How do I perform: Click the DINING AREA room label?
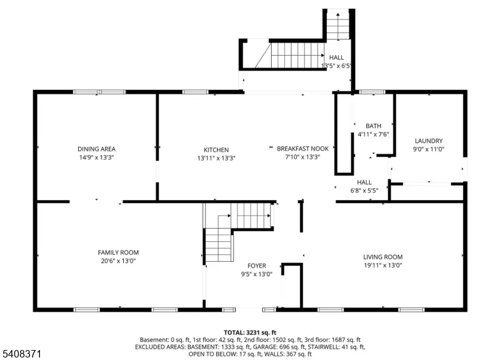tap(96, 149)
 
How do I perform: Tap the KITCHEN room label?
tap(216, 150)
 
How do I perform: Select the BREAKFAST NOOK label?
tap(302, 149)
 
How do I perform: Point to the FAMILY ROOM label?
tap(118, 252)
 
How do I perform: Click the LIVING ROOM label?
tap(383, 257)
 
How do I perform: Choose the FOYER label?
tap(257, 266)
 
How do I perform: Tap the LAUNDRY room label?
tap(429, 141)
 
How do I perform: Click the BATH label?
tap(373, 126)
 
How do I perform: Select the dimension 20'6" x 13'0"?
tap(118, 261)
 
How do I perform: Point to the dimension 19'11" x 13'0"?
tap(383, 265)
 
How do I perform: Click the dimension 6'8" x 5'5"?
tap(364, 191)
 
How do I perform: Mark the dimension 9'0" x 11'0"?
tap(429, 149)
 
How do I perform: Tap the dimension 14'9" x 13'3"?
tap(96, 157)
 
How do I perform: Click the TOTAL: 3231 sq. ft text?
tap(250, 332)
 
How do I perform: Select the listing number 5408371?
tap(22, 354)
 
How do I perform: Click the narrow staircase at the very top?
tap(338, 25)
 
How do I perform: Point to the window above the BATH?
tap(372, 92)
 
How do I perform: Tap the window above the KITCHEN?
tap(195, 92)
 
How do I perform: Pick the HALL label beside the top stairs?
tap(336, 57)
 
